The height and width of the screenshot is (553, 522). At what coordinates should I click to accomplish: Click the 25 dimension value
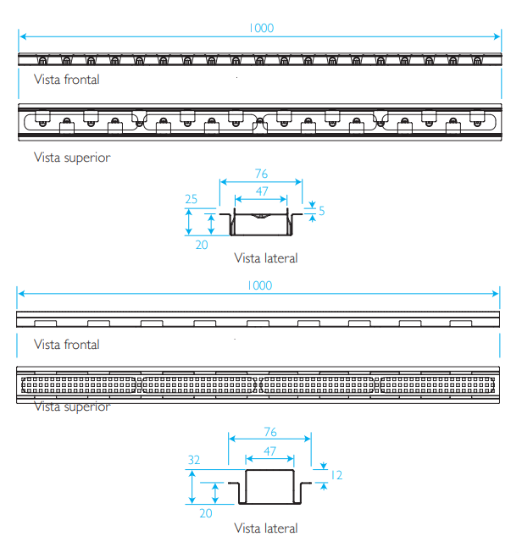click(x=191, y=199)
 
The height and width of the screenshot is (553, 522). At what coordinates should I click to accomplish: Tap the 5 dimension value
click(x=321, y=211)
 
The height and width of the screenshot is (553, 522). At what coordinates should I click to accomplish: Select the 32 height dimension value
click(x=194, y=460)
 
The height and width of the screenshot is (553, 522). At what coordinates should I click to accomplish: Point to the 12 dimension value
click(x=336, y=475)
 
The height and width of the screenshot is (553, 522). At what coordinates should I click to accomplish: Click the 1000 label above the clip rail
click(x=261, y=28)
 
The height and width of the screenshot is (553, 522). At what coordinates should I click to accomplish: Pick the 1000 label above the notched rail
click(x=260, y=285)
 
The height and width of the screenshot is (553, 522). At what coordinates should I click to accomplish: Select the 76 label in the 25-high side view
click(x=261, y=174)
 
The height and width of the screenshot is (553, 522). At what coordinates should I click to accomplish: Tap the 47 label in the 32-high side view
click(x=269, y=451)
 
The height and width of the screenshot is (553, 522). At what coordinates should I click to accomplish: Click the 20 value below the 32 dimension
click(x=206, y=513)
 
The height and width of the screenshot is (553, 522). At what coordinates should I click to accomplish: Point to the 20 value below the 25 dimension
click(x=202, y=245)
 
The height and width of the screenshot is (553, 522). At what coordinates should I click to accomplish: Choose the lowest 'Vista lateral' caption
click(x=266, y=528)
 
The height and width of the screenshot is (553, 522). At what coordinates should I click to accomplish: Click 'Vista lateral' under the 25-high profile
click(x=266, y=258)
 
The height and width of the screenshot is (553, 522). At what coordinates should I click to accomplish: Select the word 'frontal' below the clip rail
click(x=81, y=80)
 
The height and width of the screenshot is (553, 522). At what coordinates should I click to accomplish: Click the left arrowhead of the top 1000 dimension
click(x=23, y=36)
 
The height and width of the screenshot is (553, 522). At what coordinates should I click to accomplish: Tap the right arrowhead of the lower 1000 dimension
click(x=495, y=293)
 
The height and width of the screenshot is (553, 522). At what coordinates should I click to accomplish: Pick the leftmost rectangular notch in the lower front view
click(x=45, y=324)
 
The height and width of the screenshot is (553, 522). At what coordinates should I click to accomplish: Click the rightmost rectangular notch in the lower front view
click(x=461, y=324)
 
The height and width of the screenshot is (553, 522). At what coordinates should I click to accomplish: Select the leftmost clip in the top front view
click(x=42, y=60)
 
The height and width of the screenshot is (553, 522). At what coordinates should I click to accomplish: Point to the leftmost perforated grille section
click(x=79, y=384)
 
